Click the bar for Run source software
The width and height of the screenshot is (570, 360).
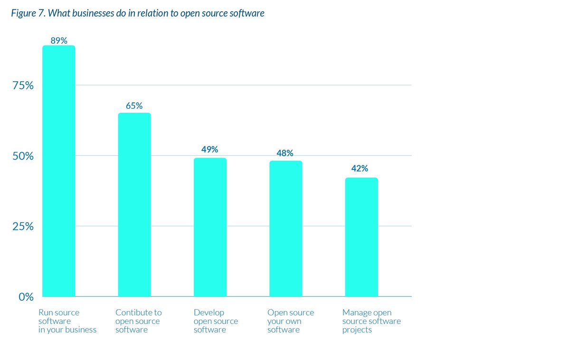click(58, 171)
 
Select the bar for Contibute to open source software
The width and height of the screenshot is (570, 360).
click(134, 205)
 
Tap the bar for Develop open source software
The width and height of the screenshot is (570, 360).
click(210, 227)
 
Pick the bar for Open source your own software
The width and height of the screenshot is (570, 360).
click(285, 228)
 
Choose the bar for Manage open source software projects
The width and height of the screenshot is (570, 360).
click(361, 237)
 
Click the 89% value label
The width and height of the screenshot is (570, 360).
click(58, 40)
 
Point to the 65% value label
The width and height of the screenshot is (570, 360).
click(134, 106)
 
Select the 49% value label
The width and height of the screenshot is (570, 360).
click(209, 150)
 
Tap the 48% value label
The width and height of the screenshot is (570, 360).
click(285, 153)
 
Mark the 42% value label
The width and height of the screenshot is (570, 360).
click(360, 169)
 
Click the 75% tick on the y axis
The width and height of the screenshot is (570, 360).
click(23, 85)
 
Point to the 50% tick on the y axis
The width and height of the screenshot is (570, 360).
click(23, 156)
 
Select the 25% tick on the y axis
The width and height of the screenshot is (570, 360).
click(23, 227)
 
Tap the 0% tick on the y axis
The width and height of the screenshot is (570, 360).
click(26, 297)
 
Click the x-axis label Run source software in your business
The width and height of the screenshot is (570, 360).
click(67, 321)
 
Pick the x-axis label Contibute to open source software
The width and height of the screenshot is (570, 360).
click(138, 321)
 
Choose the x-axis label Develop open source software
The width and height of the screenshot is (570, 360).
click(216, 321)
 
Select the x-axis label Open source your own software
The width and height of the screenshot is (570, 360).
click(290, 321)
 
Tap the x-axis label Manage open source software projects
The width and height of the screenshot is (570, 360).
click(371, 321)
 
